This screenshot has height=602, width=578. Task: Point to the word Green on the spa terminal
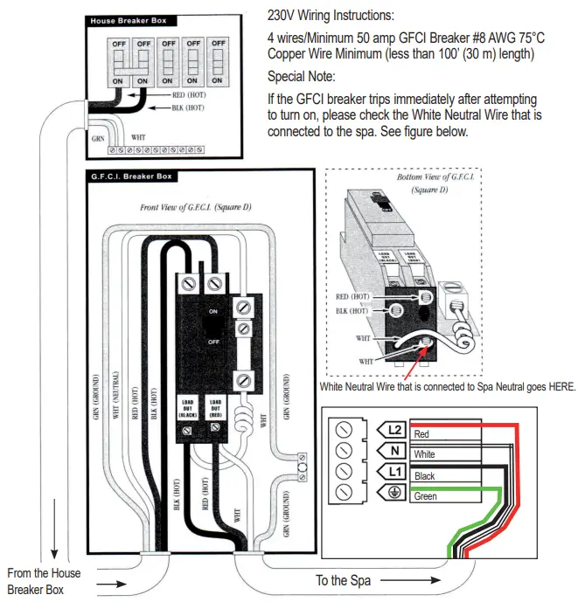pos(427,497)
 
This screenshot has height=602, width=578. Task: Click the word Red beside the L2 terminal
pos(421,434)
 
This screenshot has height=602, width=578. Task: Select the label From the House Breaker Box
pos(44,581)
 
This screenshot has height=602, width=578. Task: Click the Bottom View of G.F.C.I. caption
pos(434,183)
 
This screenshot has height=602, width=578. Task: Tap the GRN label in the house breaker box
pos(98,138)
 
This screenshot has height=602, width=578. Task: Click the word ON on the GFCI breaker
pos(213,311)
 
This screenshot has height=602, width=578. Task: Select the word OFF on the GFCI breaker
pos(213,343)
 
